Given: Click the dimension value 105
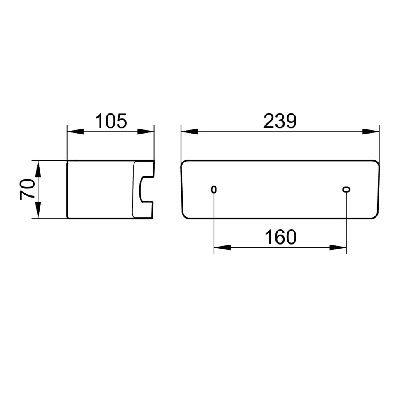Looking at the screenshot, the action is coord(111,121).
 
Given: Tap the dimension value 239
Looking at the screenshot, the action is coord(280,121).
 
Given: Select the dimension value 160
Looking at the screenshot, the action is coord(280,237).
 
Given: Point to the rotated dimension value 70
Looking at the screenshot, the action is coord(27,189).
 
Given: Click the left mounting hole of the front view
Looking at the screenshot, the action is coord(214,189).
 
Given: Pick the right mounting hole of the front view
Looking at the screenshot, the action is coord(346,189).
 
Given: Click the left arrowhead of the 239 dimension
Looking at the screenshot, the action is coord(189,132).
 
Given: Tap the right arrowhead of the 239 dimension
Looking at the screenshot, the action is coord(371,132).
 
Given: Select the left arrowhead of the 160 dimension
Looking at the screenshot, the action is coord(222,248).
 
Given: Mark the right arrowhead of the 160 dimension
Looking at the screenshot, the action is coord(338,248).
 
